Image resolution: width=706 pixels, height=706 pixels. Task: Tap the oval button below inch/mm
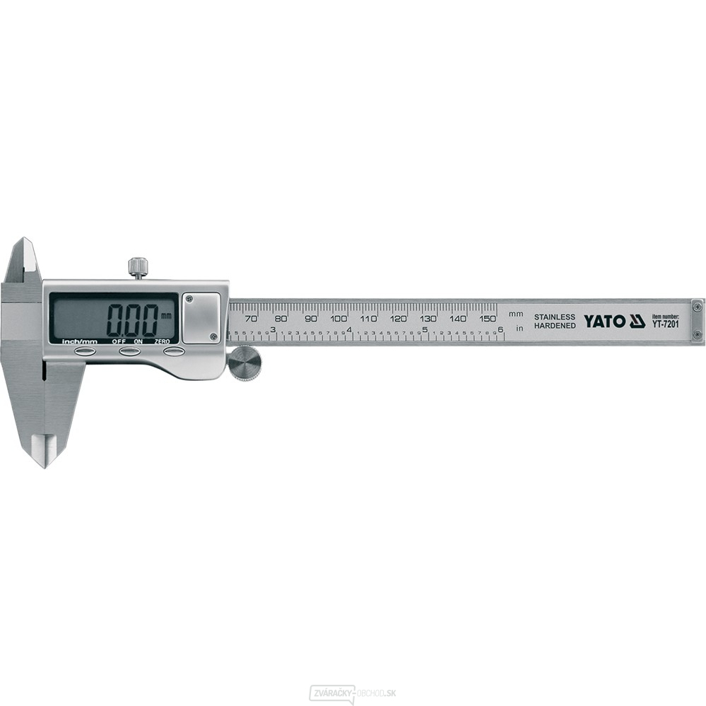point(85,351)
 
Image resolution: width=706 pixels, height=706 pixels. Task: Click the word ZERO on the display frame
point(163,341)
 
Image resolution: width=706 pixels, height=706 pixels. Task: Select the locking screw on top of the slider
point(138,267)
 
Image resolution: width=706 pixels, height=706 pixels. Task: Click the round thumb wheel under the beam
point(245,363)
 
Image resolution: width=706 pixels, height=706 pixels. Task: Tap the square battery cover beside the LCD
point(201,318)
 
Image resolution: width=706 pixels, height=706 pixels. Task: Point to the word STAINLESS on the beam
point(554,317)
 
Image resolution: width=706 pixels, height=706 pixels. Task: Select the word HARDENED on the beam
point(554,326)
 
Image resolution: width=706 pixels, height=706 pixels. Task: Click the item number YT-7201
point(665,325)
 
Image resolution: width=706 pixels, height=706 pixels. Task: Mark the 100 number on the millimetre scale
point(339,318)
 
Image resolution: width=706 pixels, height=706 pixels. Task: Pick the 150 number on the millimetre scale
point(488,318)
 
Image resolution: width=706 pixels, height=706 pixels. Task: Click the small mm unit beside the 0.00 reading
point(166,315)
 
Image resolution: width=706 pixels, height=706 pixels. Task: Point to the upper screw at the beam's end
point(697,305)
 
